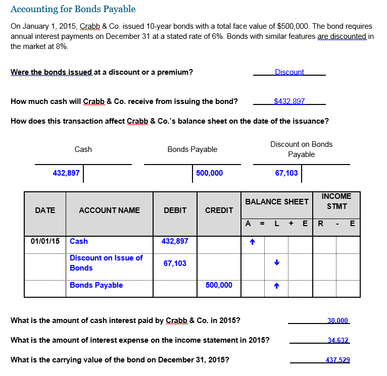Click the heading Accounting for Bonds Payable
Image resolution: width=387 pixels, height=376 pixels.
[73, 9]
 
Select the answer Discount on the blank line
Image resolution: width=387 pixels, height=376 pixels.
[289, 72]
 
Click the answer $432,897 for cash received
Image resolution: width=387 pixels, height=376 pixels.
[289, 101]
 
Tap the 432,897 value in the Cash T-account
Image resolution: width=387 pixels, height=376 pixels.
[66, 173]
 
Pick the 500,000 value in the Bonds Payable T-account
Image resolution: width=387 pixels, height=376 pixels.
[209, 173]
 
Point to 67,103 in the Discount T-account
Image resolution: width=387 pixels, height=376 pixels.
[286, 173]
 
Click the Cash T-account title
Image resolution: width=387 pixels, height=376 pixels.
[83, 149]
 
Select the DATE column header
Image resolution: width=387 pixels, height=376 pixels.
[45, 210]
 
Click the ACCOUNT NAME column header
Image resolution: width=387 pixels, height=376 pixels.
[109, 210]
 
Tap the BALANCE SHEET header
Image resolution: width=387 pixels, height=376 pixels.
[276, 202]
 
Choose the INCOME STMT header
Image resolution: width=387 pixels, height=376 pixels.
[336, 201]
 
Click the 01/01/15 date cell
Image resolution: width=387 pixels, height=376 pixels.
[45, 241]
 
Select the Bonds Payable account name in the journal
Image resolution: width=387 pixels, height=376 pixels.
[96, 286]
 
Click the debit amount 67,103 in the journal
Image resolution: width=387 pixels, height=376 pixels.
[175, 263]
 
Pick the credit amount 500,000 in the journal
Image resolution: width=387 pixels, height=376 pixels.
[219, 286]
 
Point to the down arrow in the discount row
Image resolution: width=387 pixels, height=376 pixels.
[276, 263]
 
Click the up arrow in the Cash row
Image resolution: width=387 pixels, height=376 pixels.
[253, 242]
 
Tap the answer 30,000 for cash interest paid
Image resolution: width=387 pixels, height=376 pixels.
[338, 321]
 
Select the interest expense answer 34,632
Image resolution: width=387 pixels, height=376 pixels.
[338, 341]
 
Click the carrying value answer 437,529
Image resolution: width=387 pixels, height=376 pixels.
[338, 360]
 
